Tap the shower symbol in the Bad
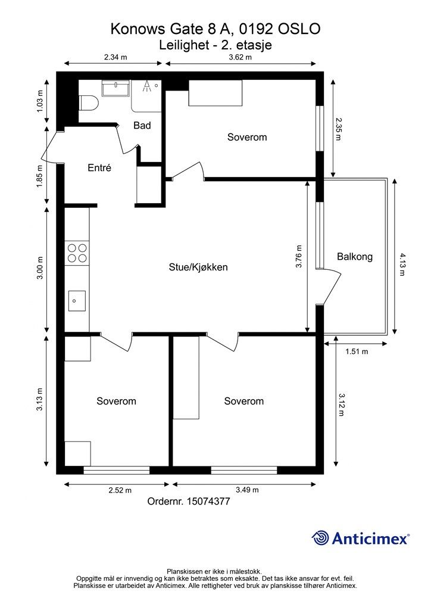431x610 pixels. [x=146, y=86]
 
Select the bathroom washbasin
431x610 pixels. [x=116, y=88]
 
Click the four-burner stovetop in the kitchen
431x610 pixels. [x=77, y=253]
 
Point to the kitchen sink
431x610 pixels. [x=77, y=301]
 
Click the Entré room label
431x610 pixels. [x=99, y=167]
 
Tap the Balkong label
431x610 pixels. [x=355, y=257]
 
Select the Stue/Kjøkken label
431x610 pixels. [x=198, y=267]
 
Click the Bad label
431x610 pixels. [x=142, y=125]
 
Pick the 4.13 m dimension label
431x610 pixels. [x=402, y=264]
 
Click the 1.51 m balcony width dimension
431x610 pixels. [x=357, y=351]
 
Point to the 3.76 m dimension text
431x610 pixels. [x=298, y=256]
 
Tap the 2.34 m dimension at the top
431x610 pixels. [x=116, y=57]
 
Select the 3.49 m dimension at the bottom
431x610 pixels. [x=247, y=490]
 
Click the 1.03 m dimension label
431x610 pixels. [x=40, y=101]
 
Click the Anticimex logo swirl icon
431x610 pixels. [x=320, y=538]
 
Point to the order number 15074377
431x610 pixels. [x=208, y=502]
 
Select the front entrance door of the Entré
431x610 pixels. [x=49, y=146]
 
